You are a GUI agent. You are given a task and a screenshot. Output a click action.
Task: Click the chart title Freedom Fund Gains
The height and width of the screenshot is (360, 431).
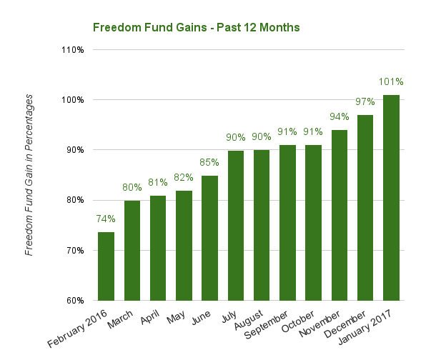[x=196, y=27]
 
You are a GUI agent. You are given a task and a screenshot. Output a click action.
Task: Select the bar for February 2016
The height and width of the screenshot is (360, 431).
[x=105, y=266]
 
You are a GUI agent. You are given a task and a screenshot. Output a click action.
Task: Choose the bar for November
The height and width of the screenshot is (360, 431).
[x=339, y=215]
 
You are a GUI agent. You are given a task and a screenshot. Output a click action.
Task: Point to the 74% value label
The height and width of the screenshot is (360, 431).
[x=105, y=219]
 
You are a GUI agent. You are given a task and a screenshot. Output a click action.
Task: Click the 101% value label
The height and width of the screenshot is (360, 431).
[x=391, y=81]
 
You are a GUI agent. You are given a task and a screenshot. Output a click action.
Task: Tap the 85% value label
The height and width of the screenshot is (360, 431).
[x=209, y=162]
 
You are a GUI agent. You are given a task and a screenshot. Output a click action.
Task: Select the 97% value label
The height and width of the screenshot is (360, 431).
[x=365, y=101]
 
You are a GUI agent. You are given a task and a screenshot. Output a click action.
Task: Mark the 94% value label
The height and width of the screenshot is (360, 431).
[x=339, y=116]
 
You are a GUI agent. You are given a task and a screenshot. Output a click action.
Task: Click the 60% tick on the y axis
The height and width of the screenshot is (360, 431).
[x=76, y=300]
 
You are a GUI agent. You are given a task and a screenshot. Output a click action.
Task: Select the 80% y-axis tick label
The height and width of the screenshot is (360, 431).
[x=76, y=200]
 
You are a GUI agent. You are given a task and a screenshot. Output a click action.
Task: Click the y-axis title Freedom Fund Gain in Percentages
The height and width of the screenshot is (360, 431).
[x=29, y=175]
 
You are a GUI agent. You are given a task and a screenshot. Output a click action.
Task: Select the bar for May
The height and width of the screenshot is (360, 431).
[x=183, y=245]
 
